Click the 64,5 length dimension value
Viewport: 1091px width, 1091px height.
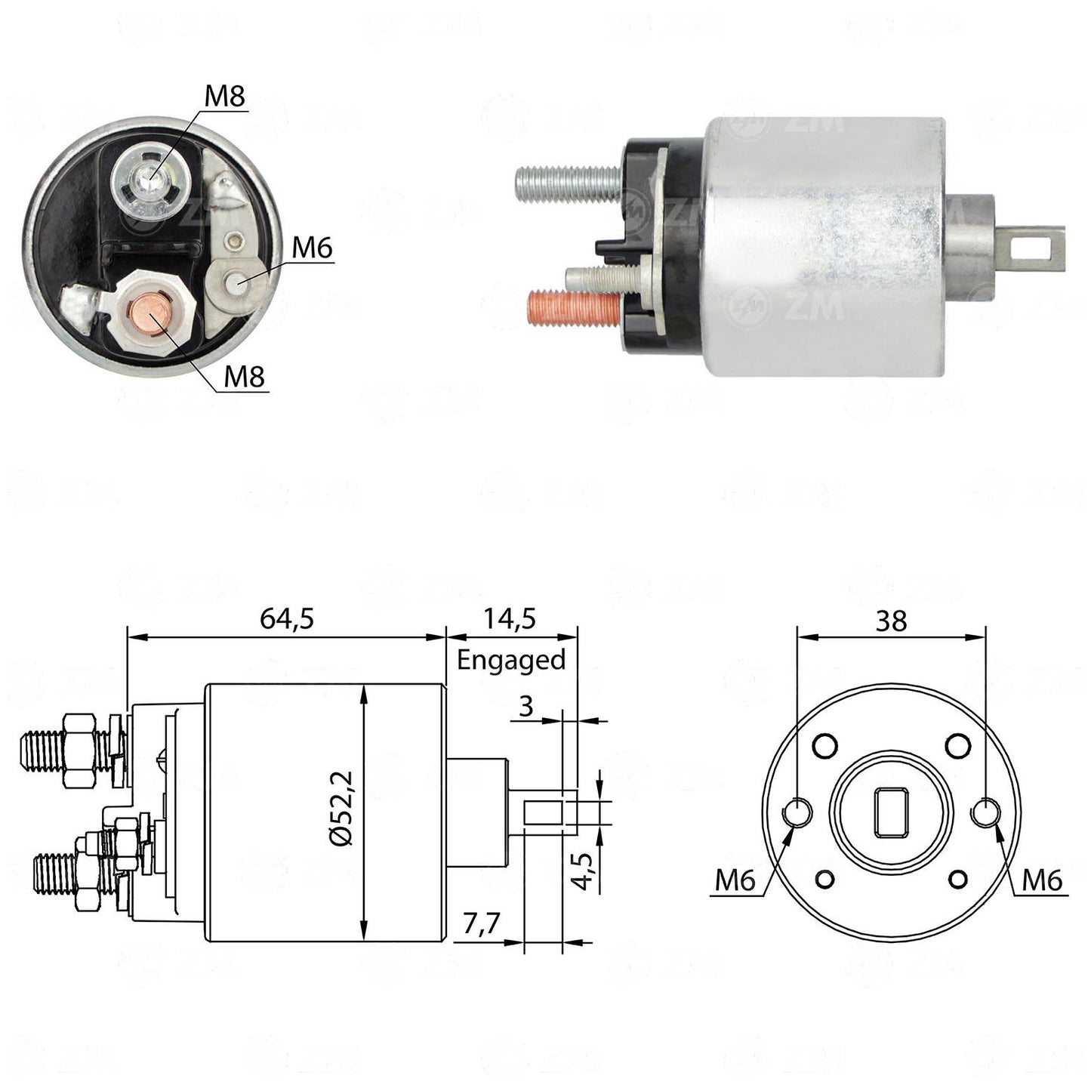(286, 619)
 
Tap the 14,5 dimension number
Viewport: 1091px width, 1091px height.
(510, 619)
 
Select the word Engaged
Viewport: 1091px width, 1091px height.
(511, 660)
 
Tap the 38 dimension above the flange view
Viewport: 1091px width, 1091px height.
(891, 621)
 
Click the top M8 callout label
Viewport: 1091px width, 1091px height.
(225, 96)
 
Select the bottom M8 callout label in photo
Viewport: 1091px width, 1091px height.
(244, 377)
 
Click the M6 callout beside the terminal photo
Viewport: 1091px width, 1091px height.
(312, 248)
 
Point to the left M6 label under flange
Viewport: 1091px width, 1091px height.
(735, 880)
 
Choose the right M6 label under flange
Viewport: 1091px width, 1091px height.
(1043, 880)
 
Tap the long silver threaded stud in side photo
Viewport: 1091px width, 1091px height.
(569, 182)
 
